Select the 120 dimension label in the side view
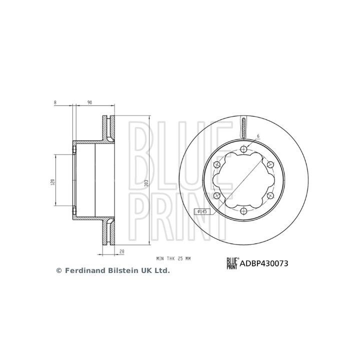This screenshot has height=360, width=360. pyautogui.click(x=52, y=181)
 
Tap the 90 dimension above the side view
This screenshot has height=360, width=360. pyautogui.click(x=90, y=103)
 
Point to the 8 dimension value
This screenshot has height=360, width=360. pyautogui.click(x=55, y=103)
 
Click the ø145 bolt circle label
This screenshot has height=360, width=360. pyautogui.click(x=202, y=211)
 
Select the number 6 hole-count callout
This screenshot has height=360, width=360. pyautogui.click(x=258, y=136)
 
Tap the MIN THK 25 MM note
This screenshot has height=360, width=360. pyautogui.click(x=173, y=258)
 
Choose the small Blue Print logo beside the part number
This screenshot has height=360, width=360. pyautogui.click(x=232, y=263)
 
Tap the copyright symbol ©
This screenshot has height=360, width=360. pyautogui.click(x=58, y=270)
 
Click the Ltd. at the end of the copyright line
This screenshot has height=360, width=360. pyautogui.click(x=162, y=270)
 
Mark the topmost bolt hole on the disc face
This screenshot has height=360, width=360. pyautogui.click(x=243, y=148)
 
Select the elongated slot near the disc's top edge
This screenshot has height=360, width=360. pyautogui.click(x=243, y=129)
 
